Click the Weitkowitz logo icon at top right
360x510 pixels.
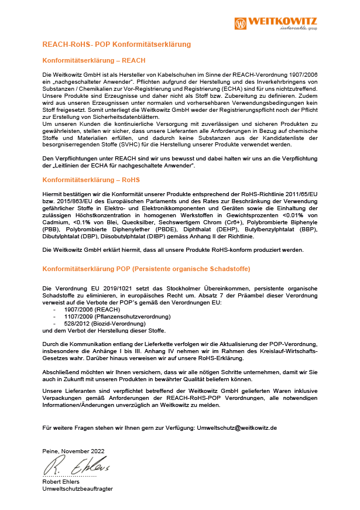[241, 23]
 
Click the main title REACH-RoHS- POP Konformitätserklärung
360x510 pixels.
[116, 45]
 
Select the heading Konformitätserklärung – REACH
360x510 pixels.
[94, 60]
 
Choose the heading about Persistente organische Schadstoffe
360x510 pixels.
[146, 269]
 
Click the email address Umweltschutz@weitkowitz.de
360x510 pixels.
[236, 428]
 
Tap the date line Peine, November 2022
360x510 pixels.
[74, 451]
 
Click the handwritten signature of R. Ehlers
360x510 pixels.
[76, 466]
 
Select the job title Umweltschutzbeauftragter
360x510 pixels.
[78, 489]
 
